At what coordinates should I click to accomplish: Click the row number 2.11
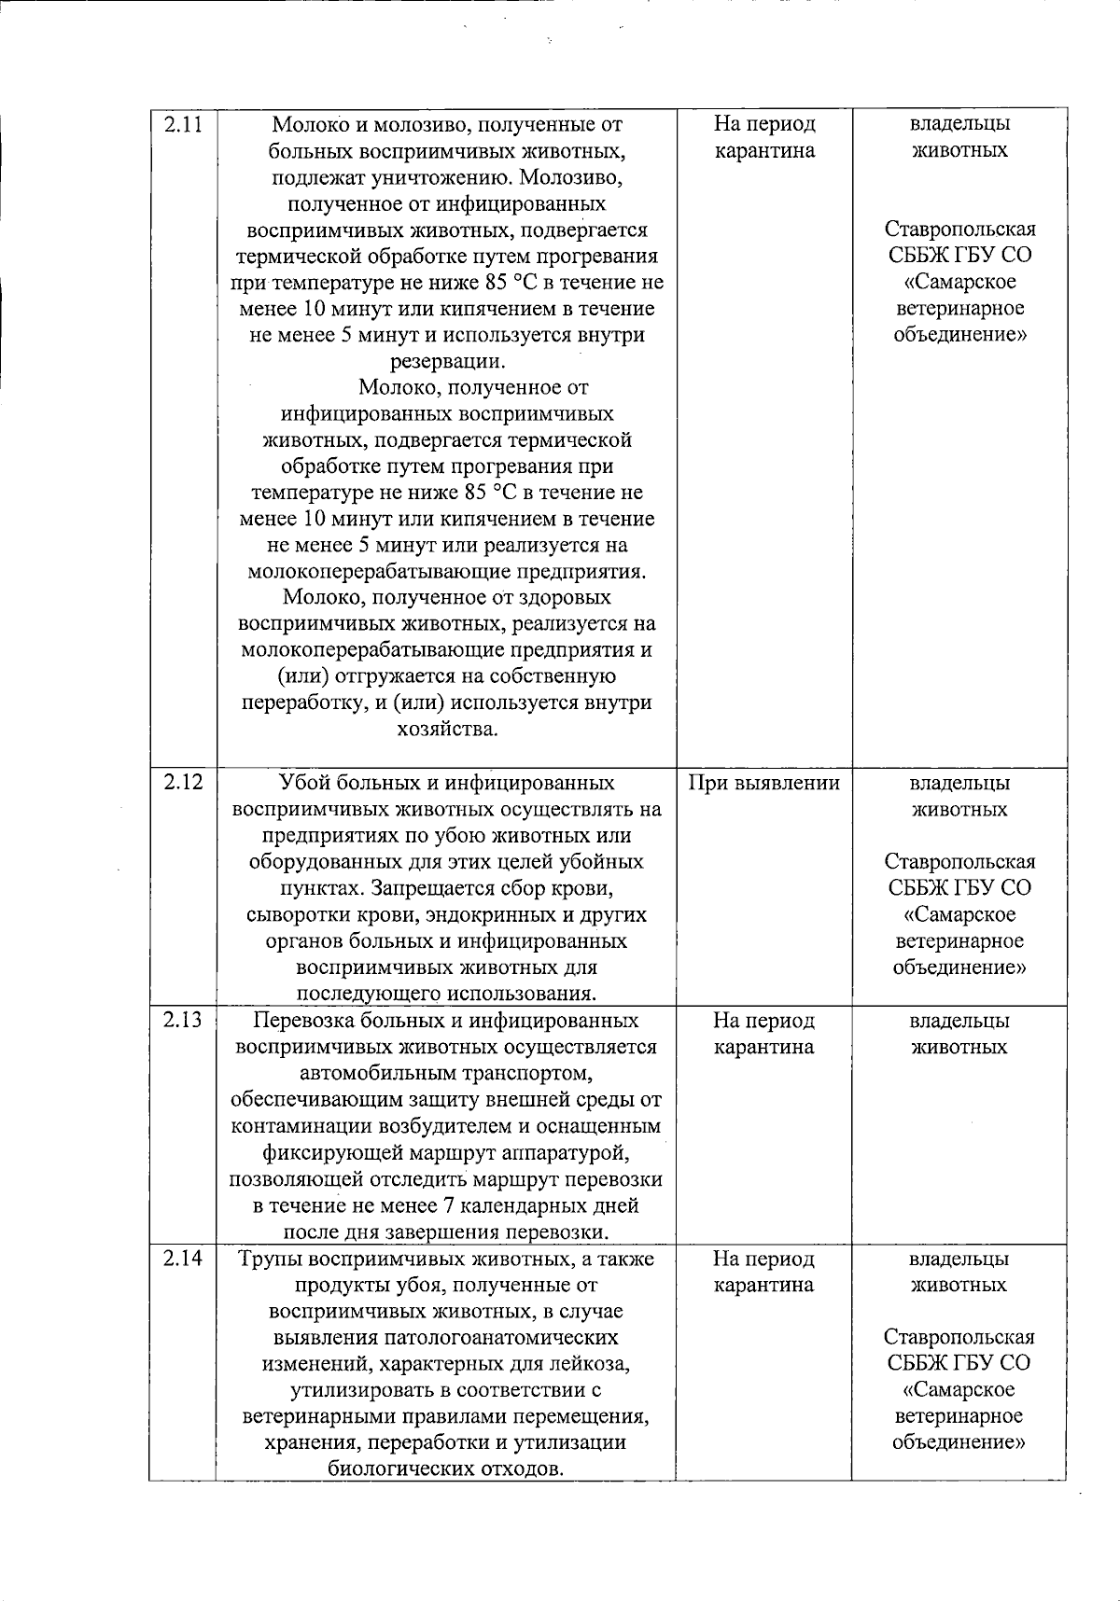tap(183, 125)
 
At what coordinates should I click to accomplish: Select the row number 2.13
tap(183, 1021)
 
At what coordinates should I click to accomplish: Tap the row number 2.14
tap(183, 1260)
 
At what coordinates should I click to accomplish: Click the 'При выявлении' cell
tap(763, 784)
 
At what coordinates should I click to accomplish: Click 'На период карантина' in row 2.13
tap(763, 1034)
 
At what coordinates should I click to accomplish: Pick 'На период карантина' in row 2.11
tap(763, 137)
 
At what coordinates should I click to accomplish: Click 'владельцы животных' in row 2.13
tap(959, 1034)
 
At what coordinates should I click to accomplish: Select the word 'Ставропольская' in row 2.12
tap(959, 861)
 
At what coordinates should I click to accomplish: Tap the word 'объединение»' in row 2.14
tap(959, 1442)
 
